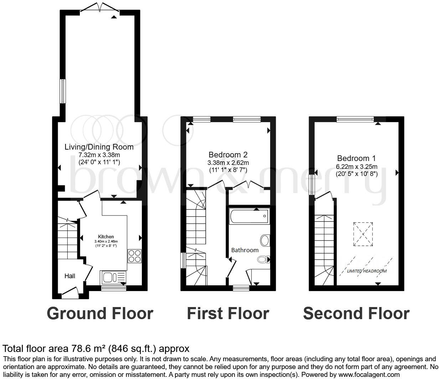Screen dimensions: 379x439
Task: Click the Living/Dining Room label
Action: pyautogui.click(x=99, y=147)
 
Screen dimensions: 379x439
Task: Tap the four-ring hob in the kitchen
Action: pyautogui.click(x=134, y=256)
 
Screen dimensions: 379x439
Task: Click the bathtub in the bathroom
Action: pyautogui.click(x=248, y=216)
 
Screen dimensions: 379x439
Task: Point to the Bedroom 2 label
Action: pyautogui.click(x=228, y=155)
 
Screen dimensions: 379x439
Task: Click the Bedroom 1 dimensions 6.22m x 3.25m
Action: pyautogui.click(x=356, y=167)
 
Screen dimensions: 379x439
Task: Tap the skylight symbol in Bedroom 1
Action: pyautogui.click(x=363, y=234)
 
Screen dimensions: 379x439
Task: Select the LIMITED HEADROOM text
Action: pyautogui.click(x=367, y=271)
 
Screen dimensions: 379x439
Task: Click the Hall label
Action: pyautogui.click(x=70, y=276)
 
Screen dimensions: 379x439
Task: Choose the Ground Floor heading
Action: pyautogui.click(x=100, y=313)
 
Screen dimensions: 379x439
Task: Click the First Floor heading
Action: pyautogui.click(x=228, y=313)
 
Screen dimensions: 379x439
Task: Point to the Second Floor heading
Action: pyautogui.click(x=356, y=313)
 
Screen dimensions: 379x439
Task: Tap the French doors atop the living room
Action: pyautogui.click(x=100, y=8)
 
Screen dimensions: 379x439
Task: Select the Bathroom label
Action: pyautogui.click(x=245, y=250)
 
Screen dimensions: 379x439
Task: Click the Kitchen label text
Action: pyautogui.click(x=106, y=237)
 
